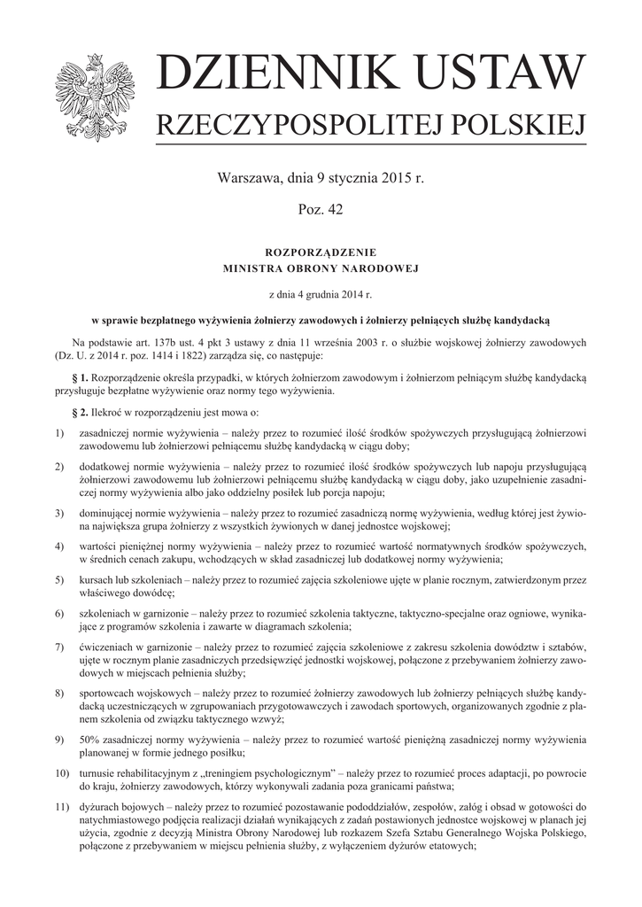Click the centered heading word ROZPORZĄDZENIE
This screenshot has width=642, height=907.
(x=321, y=251)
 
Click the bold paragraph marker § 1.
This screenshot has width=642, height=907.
(x=81, y=377)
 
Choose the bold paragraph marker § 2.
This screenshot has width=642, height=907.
(x=81, y=412)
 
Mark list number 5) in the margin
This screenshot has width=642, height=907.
(x=59, y=580)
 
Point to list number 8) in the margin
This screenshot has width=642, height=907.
(x=59, y=691)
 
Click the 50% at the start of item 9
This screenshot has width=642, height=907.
(x=90, y=740)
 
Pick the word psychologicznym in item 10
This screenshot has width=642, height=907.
(x=289, y=773)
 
